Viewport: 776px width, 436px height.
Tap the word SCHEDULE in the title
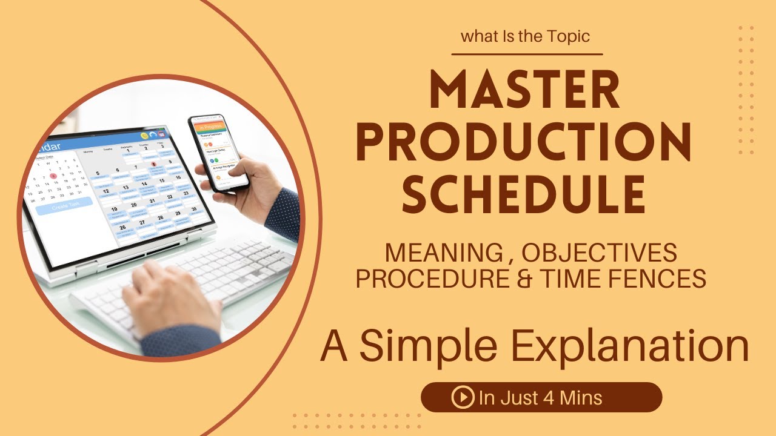(x=524, y=194)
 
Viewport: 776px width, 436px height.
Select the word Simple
(x=423, y=346)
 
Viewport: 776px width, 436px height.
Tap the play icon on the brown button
(x=462, y=397)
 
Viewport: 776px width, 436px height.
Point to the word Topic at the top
(x=567, y=36)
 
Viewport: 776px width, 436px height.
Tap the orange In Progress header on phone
(x=208, y=127)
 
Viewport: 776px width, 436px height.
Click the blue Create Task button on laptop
(x=64, y=206)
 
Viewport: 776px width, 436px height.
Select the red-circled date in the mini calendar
(x=54, y=176)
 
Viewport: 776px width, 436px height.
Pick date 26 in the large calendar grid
(x=123, y=228)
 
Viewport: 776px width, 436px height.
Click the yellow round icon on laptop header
(x=144, y=136)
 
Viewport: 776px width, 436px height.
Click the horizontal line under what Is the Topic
(x=527, y=54)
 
